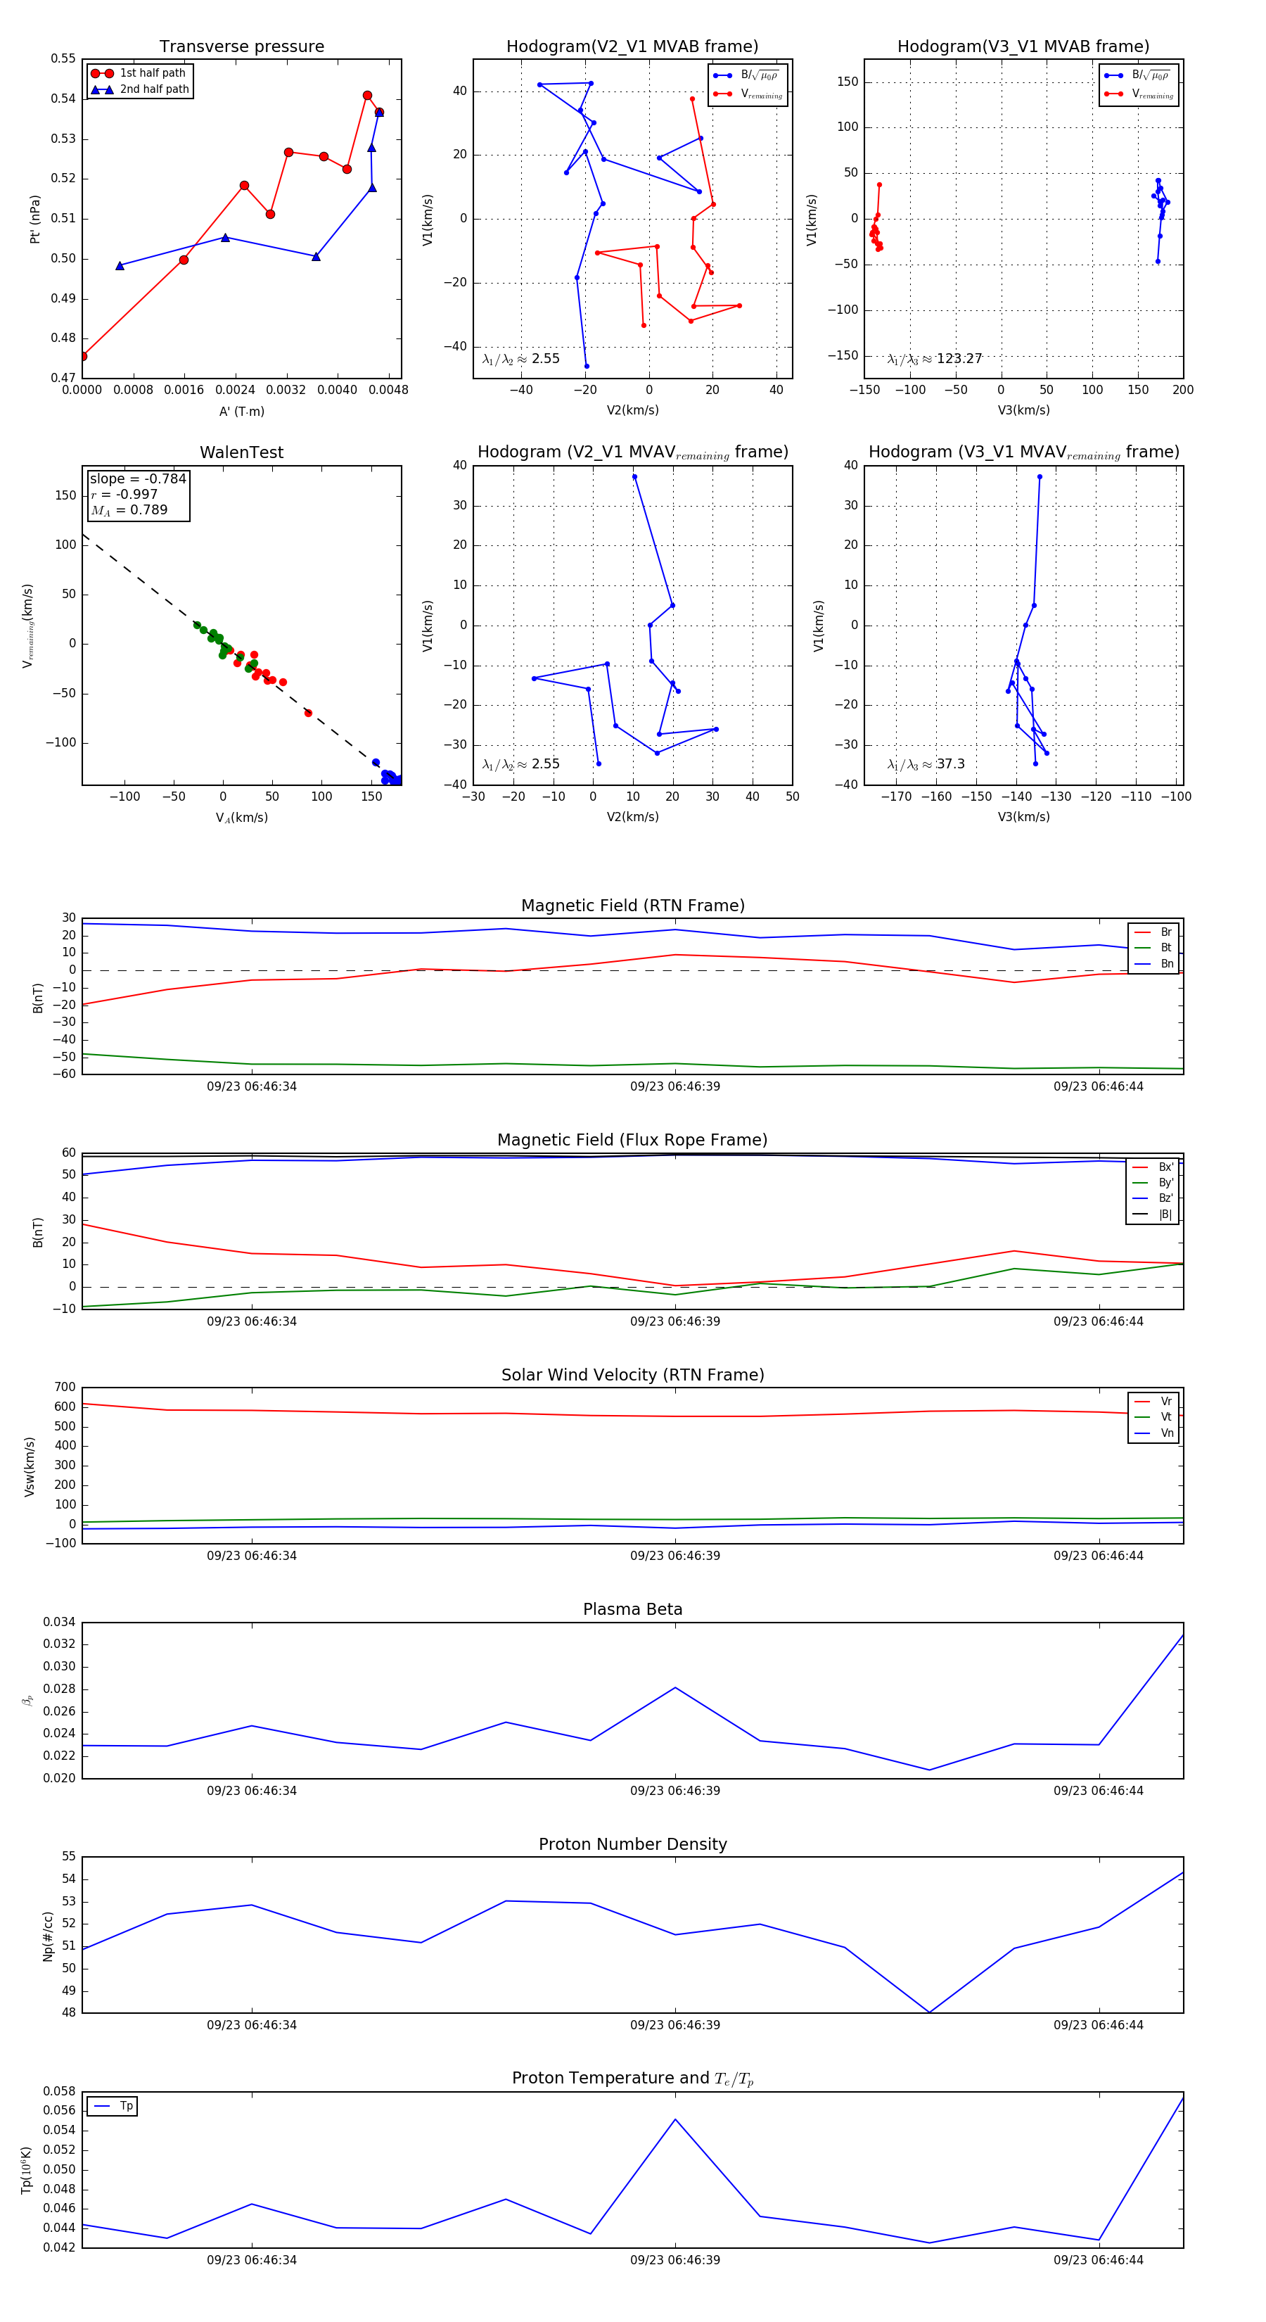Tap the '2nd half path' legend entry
point(154,89)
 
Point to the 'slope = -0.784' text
point(138,478)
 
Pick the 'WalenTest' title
point(241,452)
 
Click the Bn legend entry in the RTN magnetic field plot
point(1166,963)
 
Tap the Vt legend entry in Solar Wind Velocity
point(1166,1417)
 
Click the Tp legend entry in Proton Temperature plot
point(126,2107)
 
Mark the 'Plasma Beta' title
point(632,1610)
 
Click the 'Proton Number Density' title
point(632,1844)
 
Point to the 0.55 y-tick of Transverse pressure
point(63,58)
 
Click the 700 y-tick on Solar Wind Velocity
point(65,1388)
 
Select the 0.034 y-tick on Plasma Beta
point(60,1623)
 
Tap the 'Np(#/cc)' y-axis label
point(48,1937)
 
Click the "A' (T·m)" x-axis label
point(241,412)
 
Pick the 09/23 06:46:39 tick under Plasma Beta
point(675,1791)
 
